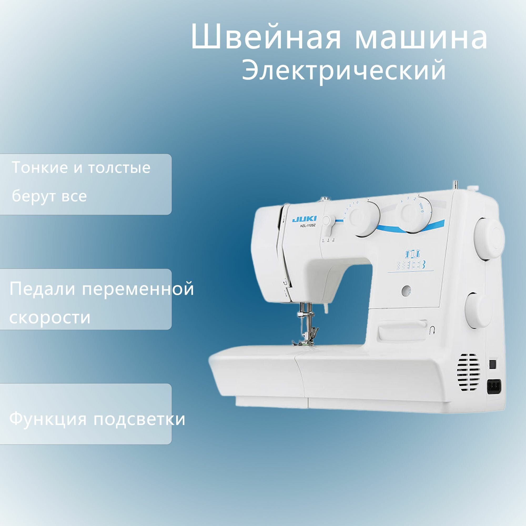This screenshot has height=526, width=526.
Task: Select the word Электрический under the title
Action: pyautogui.click(x=343, y=70)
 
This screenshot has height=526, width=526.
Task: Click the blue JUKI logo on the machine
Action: pyautogui.click(x=305, y=219)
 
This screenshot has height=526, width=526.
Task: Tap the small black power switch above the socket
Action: pyautogui.click(x=493, y=364)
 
